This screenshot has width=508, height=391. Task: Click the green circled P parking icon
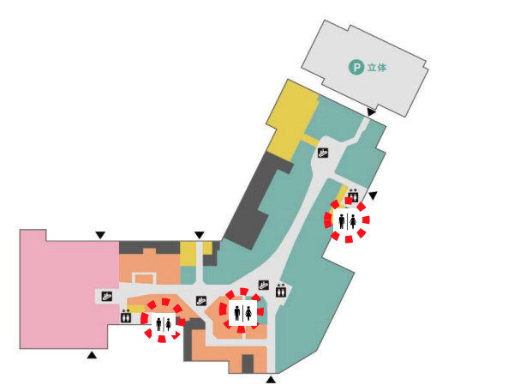pos(356,68)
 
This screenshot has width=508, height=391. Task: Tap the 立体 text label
pos(377,68)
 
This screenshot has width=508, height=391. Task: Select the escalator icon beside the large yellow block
pos(323,153)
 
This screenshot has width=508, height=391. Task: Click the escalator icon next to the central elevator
pos(264,285)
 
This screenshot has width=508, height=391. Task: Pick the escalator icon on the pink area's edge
pos(107,296)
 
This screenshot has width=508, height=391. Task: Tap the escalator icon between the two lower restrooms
pos(201,300)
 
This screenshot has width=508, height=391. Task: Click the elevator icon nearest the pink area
pos(126,316)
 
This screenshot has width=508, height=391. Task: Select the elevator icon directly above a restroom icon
pos(353,195)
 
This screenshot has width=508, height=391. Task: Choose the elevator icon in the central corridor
pos(281,290)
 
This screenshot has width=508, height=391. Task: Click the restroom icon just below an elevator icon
pos(347,221)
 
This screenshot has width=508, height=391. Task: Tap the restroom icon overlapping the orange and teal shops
pos(242,313)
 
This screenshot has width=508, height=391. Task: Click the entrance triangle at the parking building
pos(371,112)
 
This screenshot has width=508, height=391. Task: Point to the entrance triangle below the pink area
pos(92,355)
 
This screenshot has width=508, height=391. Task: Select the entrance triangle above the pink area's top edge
pos(100,235)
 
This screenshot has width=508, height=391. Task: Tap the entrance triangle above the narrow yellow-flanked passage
pos(200,235)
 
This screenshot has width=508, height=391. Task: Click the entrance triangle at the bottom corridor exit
pos(271,380)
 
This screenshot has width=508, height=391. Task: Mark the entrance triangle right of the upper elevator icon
pos(373,195)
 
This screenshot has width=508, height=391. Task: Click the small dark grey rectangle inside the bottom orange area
pos(248,364)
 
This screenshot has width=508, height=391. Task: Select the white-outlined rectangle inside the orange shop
pos(144,279)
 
